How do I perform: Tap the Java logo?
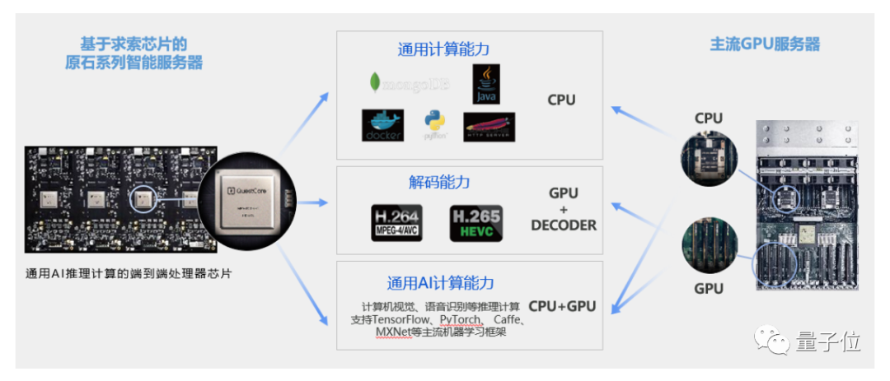(486, 85)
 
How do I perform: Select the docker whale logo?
(382, 125)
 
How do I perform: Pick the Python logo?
(434, 125)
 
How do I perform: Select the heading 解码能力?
(439, 182)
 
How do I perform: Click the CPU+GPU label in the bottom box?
(562, 306)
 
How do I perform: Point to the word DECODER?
(564, 225)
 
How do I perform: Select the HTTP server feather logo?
(489, 127)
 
